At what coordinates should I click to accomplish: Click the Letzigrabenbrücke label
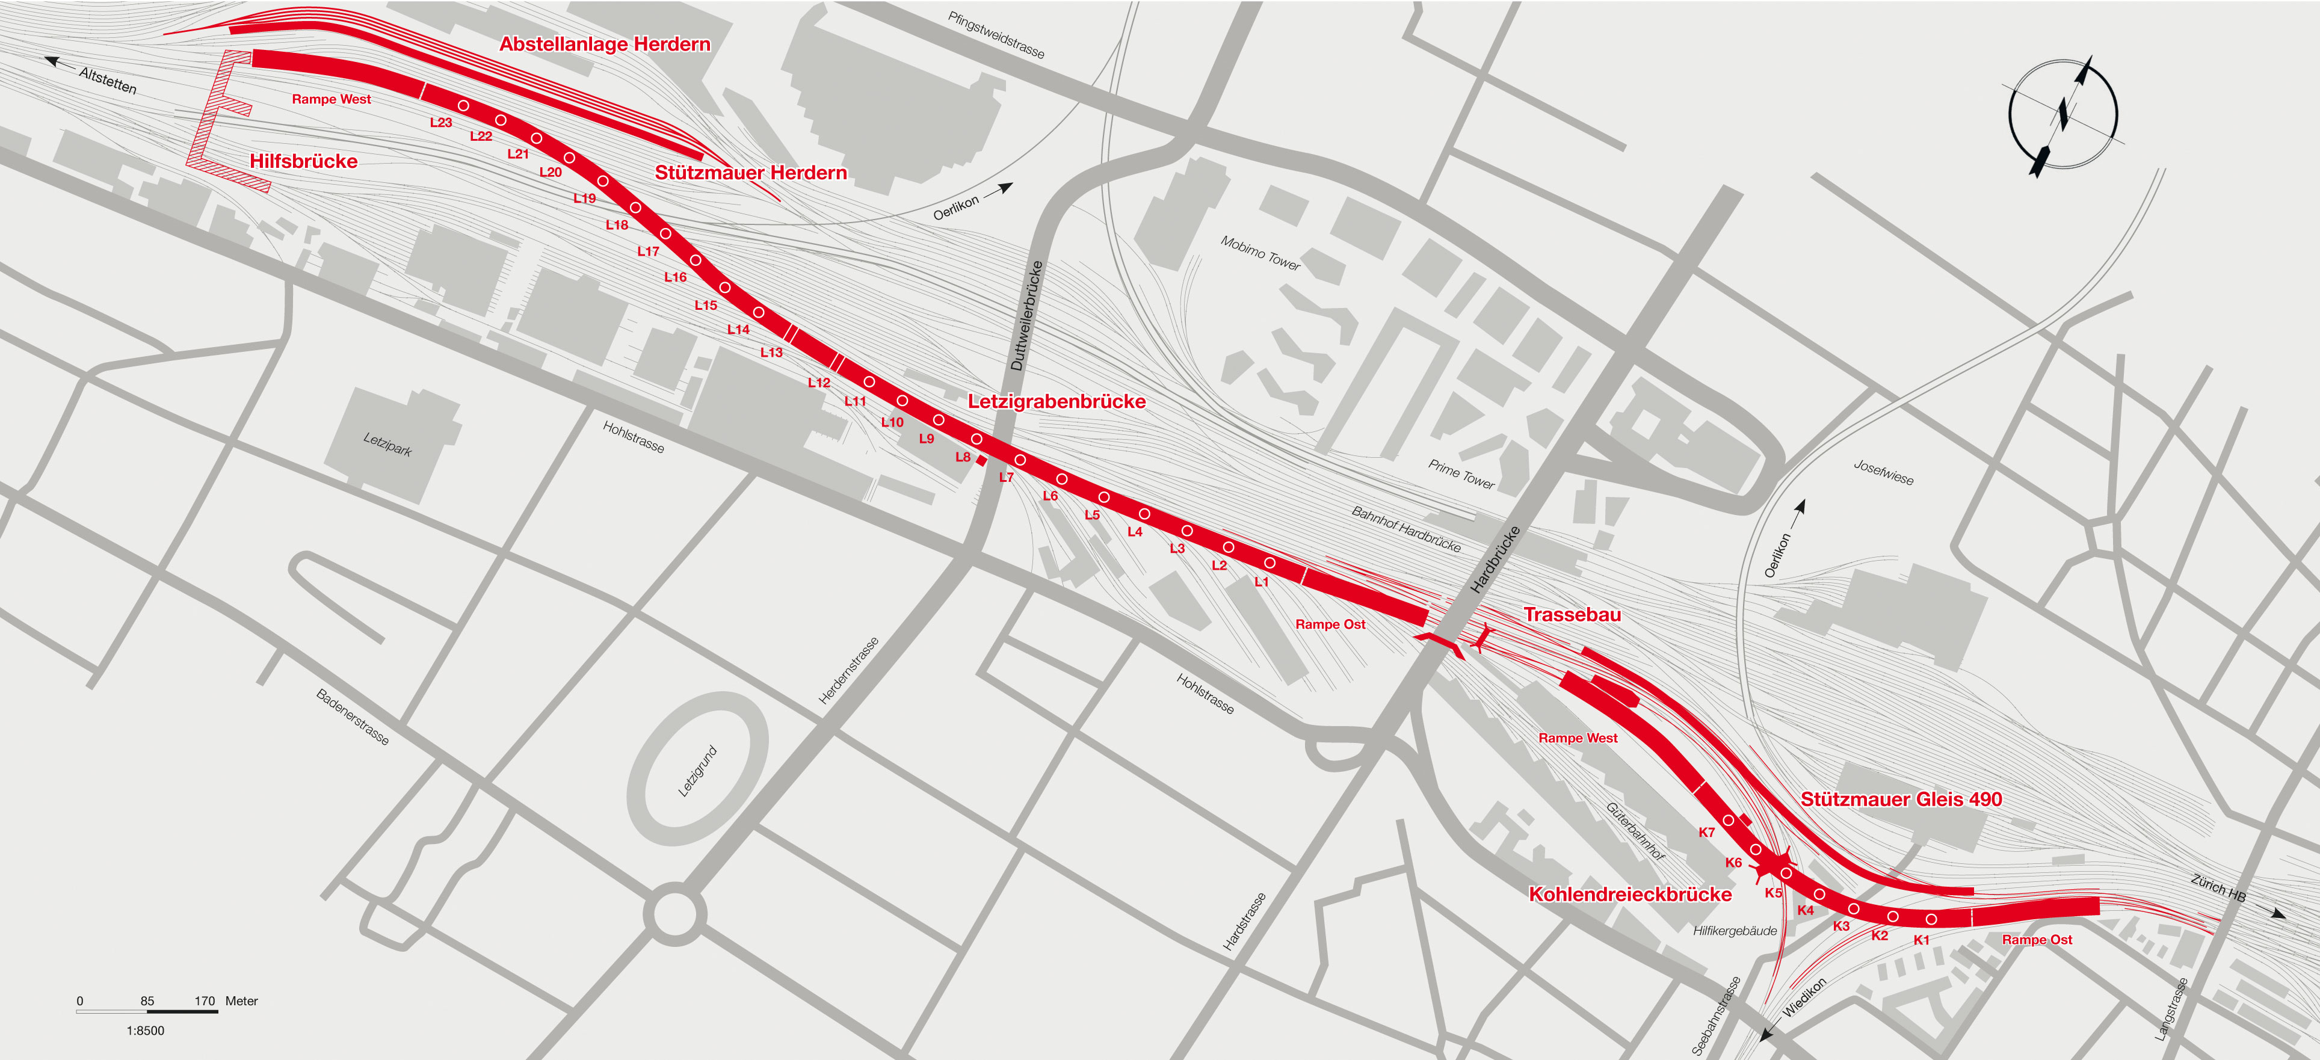(x=1057, y=402)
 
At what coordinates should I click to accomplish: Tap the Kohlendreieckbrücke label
(x=1630, y=895)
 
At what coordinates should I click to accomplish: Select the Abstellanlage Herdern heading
(x=604, y=44)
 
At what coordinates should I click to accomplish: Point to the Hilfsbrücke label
(x=303, y=161)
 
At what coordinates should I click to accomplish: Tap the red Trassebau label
(x=1572, y=614)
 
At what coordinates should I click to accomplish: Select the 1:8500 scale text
(x=145, y=1031)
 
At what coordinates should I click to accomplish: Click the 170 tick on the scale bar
(x=205, y=1000)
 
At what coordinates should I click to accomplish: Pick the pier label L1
(x=1261, y=582)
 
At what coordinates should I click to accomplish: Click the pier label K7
(x=1707, y=832)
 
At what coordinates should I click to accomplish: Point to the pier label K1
(x=1921, y=939)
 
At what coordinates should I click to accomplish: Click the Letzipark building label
(x=387, y=444)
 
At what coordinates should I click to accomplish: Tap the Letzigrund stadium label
(x=697, y=771)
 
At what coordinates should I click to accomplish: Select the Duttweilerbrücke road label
(x=1026, y=315)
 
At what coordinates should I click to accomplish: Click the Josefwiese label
(x=1883, y=472)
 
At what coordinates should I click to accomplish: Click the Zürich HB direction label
(x=2218, y=888)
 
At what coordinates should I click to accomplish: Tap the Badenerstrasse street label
(x=352, y=717)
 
